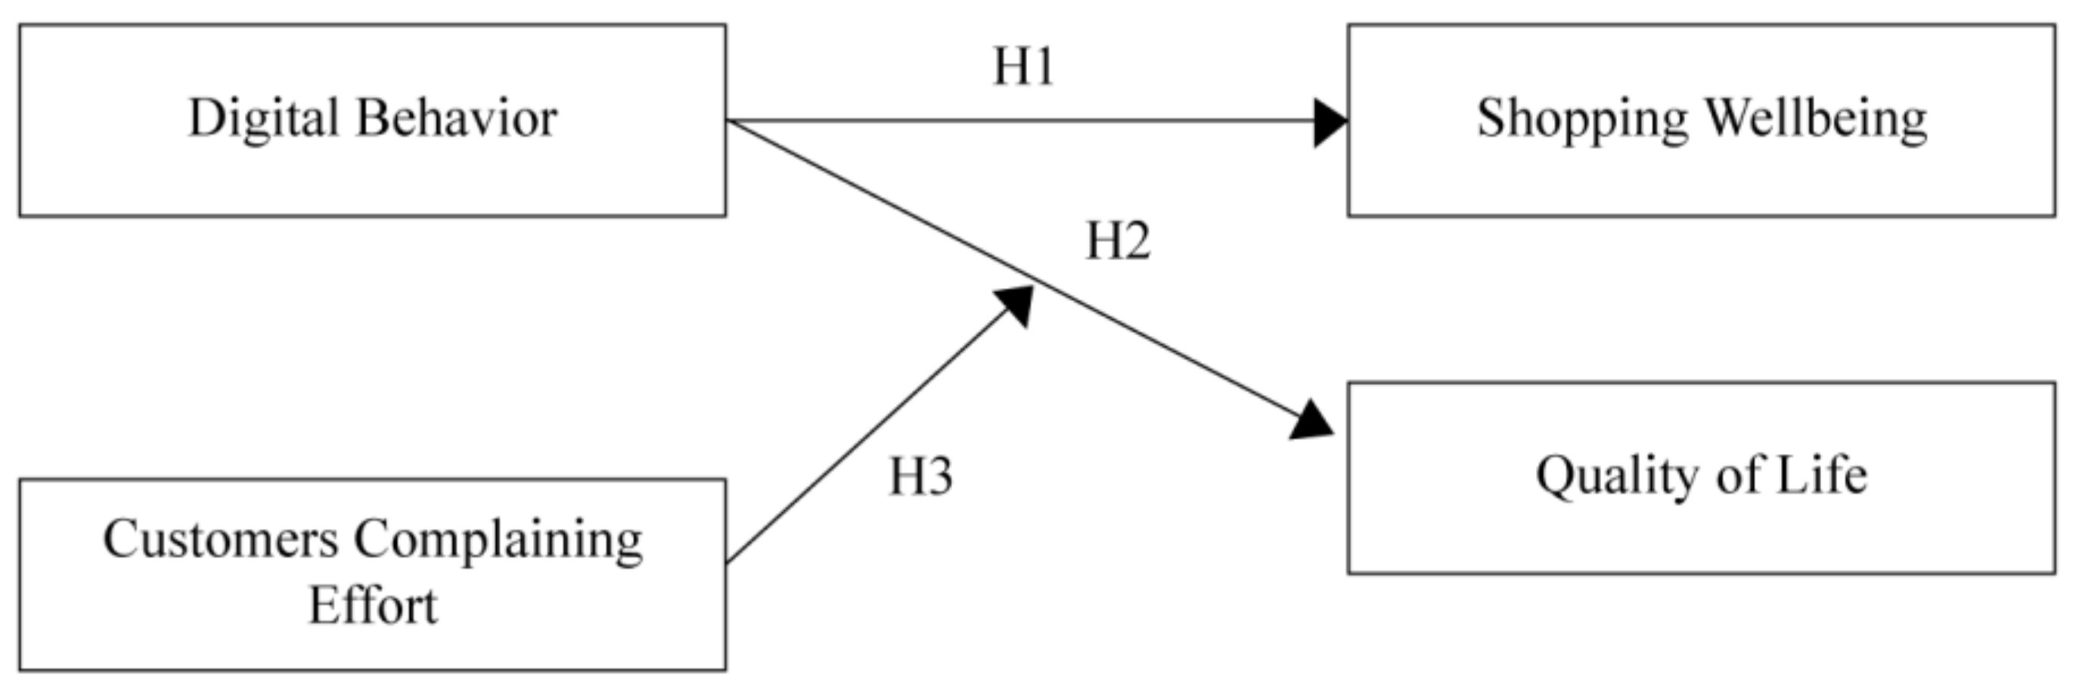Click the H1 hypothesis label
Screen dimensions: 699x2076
point(1022,66)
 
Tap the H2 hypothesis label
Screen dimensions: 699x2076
point(1118,241)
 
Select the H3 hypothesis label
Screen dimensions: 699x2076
point(920,476)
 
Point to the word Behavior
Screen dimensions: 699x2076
point(456,119)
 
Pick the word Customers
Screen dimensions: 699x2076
point(220,539)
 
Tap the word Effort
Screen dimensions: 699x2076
point(372,605)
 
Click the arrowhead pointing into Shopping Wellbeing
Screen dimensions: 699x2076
point(1330,123)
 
